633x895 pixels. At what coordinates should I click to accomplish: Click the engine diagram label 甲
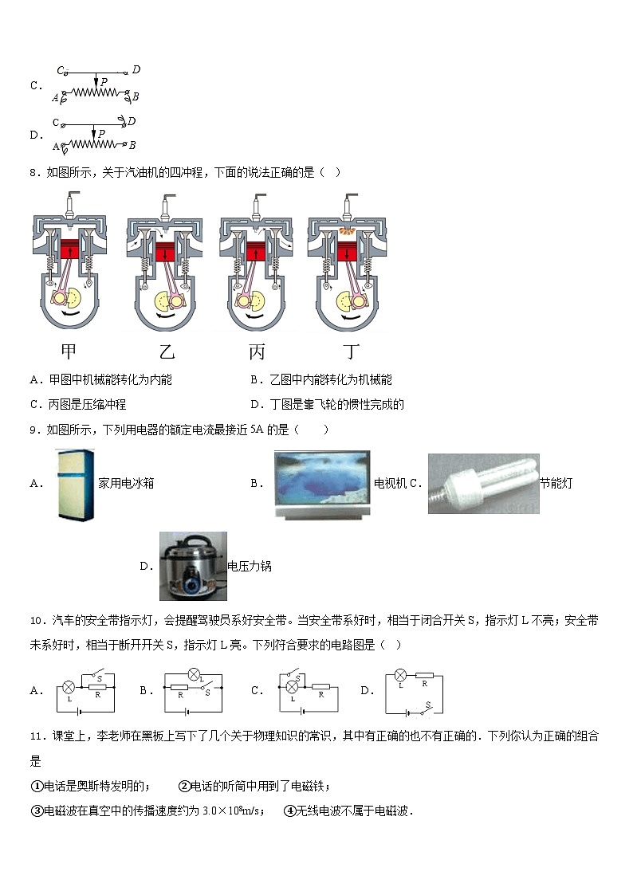coord(69,351)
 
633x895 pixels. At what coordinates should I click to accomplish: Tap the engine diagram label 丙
coord(256,351)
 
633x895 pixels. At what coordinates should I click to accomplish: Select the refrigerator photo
coord(76,484)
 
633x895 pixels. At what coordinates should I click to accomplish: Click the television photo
coord(321,485)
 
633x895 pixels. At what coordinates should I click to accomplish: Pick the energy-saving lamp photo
coord(483,483)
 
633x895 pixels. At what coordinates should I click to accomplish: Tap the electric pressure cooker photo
coord(192,566)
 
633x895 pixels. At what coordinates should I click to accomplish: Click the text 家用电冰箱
coord(125,483)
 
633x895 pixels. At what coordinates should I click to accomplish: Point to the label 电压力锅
coord(250,567)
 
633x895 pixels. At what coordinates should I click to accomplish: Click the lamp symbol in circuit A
coord(69,686)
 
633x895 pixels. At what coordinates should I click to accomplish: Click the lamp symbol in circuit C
coord(292,686)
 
